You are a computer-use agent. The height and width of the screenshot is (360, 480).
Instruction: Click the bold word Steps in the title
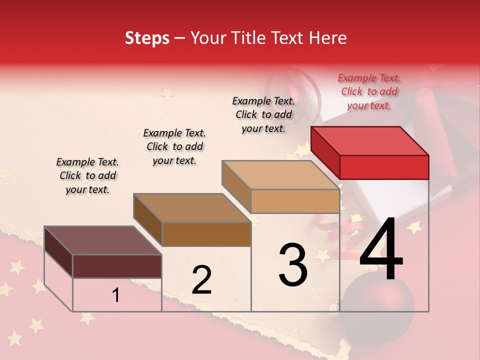147,38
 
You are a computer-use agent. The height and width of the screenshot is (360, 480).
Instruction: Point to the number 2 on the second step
201,280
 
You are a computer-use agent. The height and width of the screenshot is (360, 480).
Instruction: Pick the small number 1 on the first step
115,295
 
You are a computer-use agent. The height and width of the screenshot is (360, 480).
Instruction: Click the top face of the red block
369,141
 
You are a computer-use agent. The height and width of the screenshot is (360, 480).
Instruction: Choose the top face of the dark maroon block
102,240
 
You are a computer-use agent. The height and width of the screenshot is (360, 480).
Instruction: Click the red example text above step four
369,91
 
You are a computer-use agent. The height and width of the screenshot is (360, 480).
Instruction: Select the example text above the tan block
263,114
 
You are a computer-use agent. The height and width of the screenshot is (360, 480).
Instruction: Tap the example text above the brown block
174,146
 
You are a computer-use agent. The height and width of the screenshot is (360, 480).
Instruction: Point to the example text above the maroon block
87,175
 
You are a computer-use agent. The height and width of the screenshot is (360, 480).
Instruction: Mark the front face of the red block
384,167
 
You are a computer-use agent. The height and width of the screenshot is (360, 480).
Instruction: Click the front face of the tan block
295,201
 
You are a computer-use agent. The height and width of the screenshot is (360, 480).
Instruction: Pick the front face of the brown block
206,234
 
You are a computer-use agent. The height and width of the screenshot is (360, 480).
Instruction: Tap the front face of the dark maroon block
117,266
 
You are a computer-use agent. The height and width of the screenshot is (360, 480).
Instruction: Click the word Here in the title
327,38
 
